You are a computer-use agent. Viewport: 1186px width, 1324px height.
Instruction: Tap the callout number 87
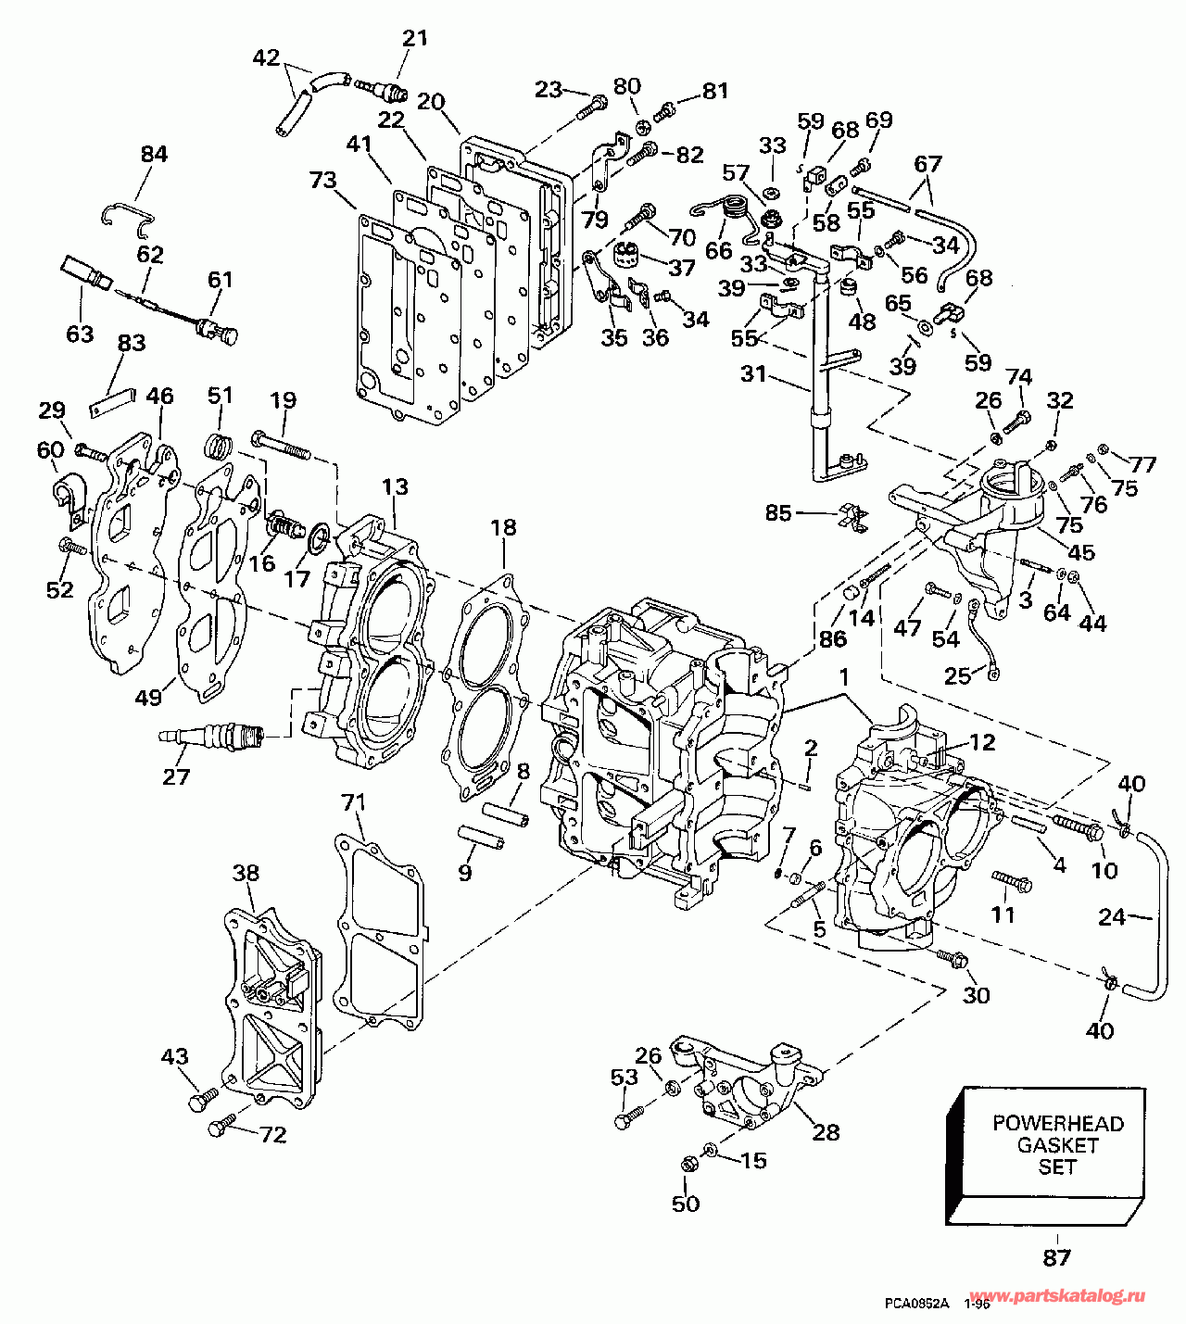(x=1056, y=1257)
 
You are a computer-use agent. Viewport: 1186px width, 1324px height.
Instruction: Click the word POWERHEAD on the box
(x=1057, y=1124)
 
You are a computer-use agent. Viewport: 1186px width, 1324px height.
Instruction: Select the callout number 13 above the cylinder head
(x=394, y=487)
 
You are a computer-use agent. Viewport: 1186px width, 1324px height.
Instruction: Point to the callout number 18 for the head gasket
(x=503, y=528)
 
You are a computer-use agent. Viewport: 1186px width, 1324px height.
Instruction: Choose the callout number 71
(x=354, y=802)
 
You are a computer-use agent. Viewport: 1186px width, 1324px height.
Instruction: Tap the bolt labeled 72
(x=219, y=1129)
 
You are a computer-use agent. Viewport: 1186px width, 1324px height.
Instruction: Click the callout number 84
(x=154, y=154)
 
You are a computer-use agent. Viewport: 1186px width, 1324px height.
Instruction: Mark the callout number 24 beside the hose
(x=1111, y=917)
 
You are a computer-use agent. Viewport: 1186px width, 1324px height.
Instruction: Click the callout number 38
(x=246, y=873)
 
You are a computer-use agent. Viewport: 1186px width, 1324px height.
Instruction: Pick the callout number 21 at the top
(x=415, y=38)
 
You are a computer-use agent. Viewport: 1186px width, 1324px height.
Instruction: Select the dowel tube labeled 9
(x=483, y=837)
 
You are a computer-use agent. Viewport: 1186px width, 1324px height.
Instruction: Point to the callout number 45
(x=1081, y=552)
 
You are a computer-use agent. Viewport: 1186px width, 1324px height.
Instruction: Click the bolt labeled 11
(x=1012, y=880)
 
